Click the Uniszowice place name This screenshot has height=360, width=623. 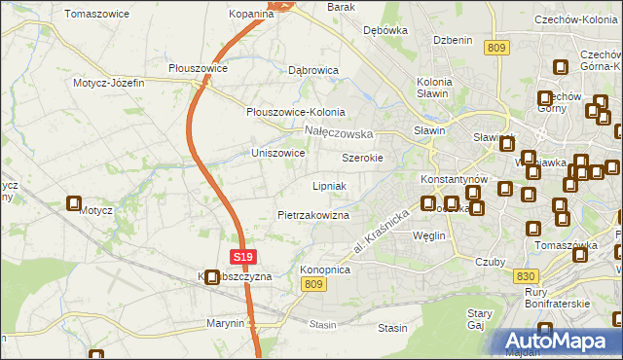click(278, 153)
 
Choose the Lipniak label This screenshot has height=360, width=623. click(329, 185)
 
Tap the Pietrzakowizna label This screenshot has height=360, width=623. click(312, 214)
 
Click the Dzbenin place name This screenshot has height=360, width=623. click(453, 40)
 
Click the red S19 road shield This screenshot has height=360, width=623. click(245, 257)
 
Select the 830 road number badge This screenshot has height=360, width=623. click(523, 275)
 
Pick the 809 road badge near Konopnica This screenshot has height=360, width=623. click(312, 283)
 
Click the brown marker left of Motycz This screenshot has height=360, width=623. click(74, 204)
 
